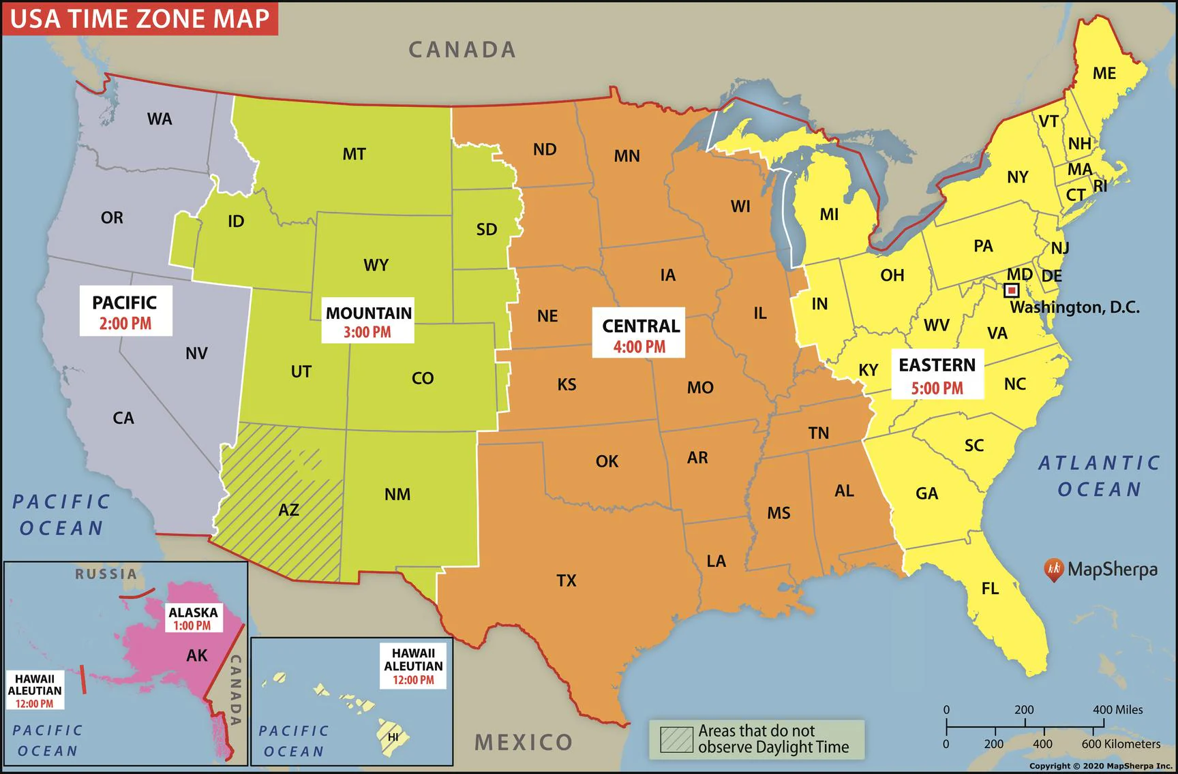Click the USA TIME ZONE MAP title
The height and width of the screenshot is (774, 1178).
click(x=140, y=18)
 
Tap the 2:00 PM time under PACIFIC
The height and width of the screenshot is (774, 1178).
click(x=125, y=324)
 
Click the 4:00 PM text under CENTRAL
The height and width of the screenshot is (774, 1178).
click(x=639, y=347)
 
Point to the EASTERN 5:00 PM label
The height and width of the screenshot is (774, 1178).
click(x=937, y=376)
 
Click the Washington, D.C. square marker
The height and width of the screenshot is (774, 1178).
click(x=1012, y=291)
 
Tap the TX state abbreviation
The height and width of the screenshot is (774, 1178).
click(x=566, y=580)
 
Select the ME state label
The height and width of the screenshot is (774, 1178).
click(x=1104, y=73)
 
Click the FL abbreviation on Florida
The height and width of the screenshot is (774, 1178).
click(x=990, y=589)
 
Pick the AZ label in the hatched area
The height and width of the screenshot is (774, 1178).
click(x=288, y=510)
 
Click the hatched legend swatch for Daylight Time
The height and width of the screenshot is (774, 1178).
click(x=676, y=739)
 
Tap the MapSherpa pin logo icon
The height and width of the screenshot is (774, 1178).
click(x=1053, y=570)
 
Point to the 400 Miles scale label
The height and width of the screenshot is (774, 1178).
click(x=1117, y=709)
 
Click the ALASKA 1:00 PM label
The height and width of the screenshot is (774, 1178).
click(x=194, y=619)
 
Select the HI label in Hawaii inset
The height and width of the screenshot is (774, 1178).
click(x=393, y=737)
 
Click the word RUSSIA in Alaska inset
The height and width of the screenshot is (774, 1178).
click(x=106, y=574)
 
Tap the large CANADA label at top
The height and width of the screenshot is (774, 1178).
click(x=462, y=50)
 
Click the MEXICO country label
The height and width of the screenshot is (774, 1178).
click(x=524, y=742)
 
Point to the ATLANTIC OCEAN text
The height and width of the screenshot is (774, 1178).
click(x=1098, y=476)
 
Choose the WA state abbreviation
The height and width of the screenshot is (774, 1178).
click(x=160, y=119)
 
